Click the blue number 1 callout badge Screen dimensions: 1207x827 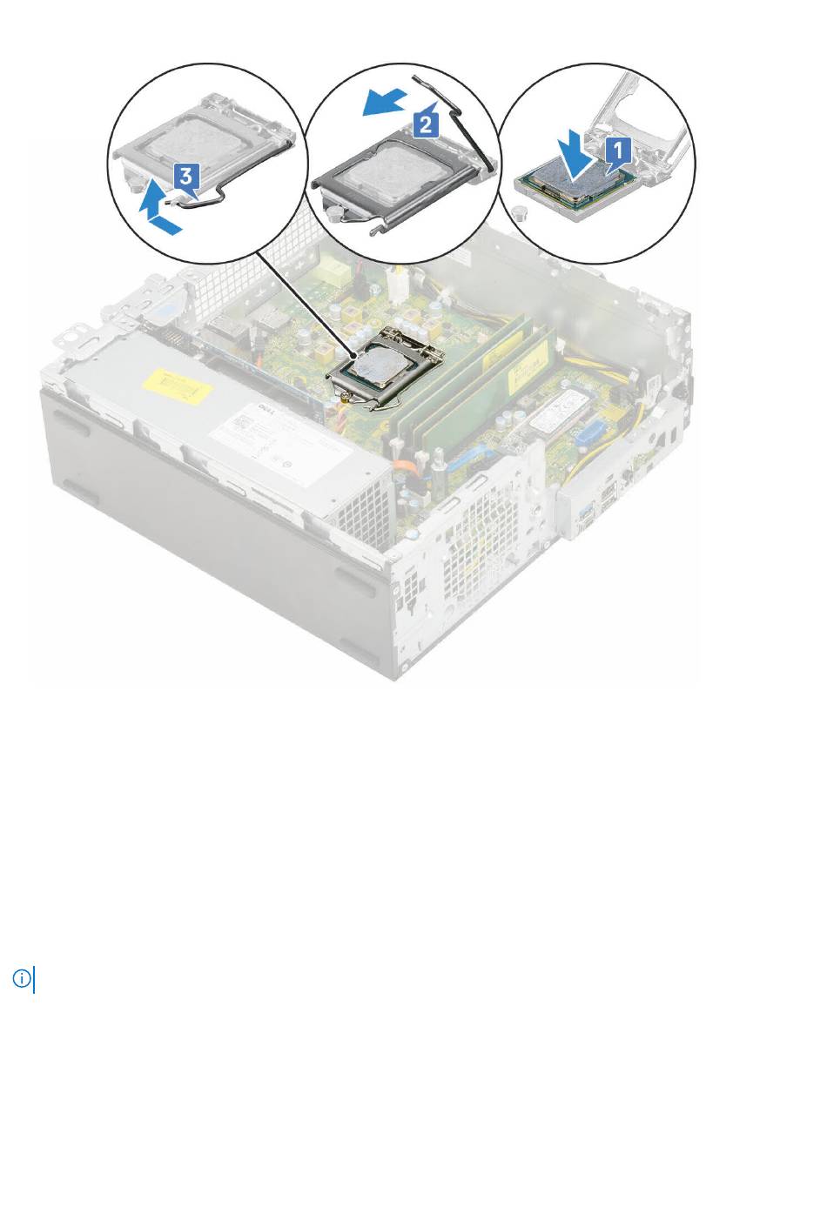(x=619, y=150)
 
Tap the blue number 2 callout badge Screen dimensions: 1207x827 (x=425, y=124)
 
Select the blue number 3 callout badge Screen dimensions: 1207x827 (x=185, y=177)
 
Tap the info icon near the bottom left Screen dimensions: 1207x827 (x=22, y=978)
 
